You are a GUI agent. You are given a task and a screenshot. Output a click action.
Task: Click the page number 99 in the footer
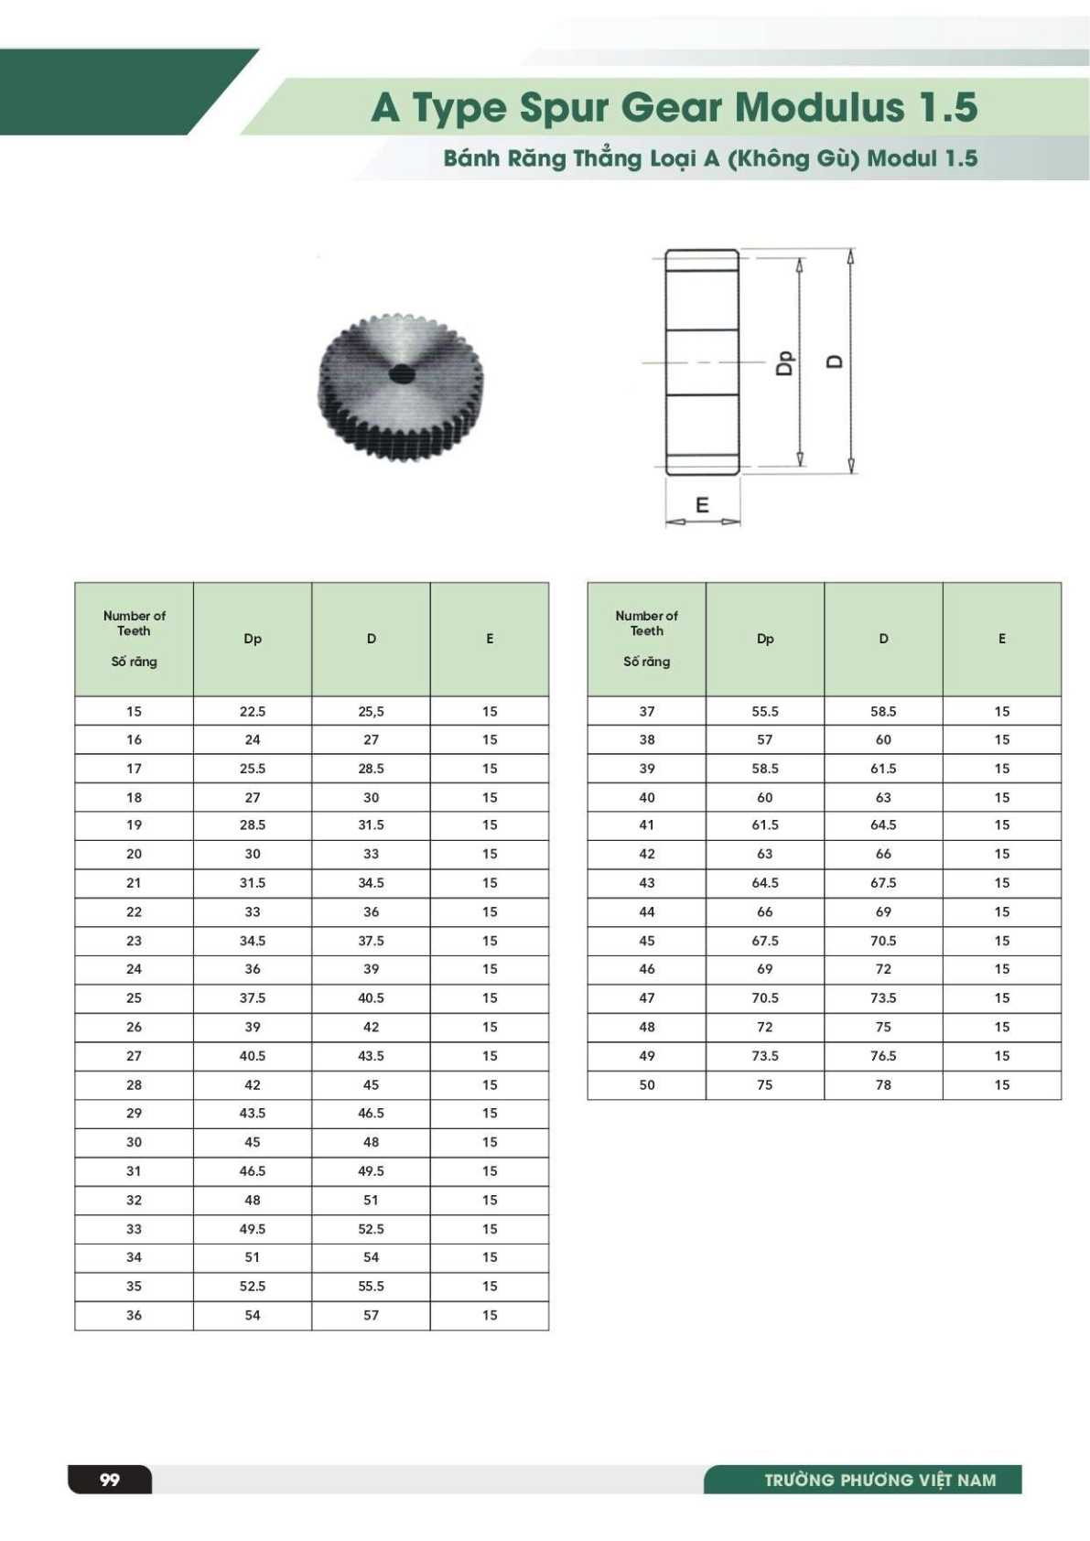[x=110, y=1480]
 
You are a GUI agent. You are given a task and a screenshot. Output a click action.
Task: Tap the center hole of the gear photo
[x=401, y=373]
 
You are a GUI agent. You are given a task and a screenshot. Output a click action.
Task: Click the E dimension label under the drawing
[x=702, y=505]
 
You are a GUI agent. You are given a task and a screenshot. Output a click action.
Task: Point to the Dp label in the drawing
[x=784, y=362]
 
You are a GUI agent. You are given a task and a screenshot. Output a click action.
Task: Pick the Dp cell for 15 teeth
[x=253, y=711]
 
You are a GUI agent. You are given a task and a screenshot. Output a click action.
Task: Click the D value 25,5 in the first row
[x=371, y=711]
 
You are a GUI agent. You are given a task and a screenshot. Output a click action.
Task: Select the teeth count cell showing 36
[x=134, y=1315]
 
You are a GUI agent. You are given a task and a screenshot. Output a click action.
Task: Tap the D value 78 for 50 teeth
[x=883, y=1084]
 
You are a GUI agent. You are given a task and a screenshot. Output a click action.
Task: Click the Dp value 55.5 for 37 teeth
[x=765, y=711]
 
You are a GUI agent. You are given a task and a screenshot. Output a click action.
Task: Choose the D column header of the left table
[x=371, y=639]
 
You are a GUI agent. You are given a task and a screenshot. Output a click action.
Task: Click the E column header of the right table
[x=1002, y=639]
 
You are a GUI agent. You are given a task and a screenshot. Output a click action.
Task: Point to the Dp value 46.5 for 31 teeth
[x=253, y=1170]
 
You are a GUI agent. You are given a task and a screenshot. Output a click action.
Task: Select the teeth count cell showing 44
[x=647, y=911]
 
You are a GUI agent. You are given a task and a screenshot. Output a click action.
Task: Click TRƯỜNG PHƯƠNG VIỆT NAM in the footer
[x=880, y=1480]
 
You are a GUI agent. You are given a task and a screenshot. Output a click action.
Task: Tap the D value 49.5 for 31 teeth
[x=371, y=1170]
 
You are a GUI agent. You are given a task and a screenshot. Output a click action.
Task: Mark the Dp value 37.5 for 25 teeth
[x=253, y=997]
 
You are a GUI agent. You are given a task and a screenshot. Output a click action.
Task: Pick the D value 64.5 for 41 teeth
[x=883, y=824]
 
